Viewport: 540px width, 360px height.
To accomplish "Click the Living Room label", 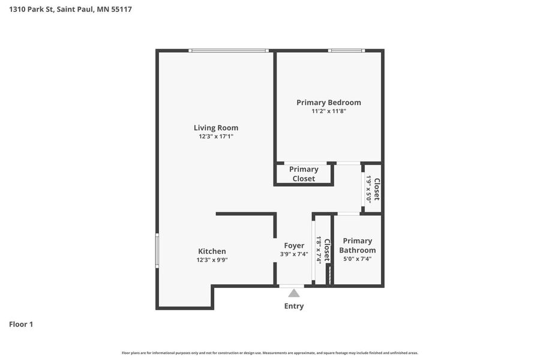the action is click(x=216, y=128).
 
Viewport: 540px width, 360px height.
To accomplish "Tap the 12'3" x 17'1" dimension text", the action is click(x=216, y=136).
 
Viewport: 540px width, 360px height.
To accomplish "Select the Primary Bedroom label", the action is click(x=329, y=103).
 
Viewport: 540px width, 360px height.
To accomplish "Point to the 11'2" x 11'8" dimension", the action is click(x=329, y=111).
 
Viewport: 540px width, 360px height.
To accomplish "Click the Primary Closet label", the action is click(x=304, y=174).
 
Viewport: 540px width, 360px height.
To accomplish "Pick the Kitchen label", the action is click(x=212, y=251).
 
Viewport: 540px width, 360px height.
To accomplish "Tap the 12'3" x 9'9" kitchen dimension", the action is click(x=212, y=260).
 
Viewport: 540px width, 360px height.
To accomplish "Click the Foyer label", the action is click(x=294, y=245).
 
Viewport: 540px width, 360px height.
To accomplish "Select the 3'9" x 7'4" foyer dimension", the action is click(x=294, y=254).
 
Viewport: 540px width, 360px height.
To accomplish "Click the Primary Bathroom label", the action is click(x=358, y=245).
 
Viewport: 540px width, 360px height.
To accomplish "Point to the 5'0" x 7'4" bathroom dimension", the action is click(x=358, y=259).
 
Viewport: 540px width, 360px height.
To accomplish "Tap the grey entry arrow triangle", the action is click(x=294, y=293).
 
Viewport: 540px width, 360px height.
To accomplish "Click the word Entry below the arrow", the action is click(x=294, y=306).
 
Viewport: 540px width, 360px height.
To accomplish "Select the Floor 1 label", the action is click(x=21, y=324).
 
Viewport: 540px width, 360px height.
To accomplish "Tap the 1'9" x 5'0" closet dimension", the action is click(x=369, y=189).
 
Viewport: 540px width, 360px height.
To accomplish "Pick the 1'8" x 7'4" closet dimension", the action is click(x=319, y=250).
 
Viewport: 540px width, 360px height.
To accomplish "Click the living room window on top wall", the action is click(x=229, y=50).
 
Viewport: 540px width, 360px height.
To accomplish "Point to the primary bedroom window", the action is click(x=346, y=50).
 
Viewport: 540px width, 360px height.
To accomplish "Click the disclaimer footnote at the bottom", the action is click(x=270, y=353).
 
